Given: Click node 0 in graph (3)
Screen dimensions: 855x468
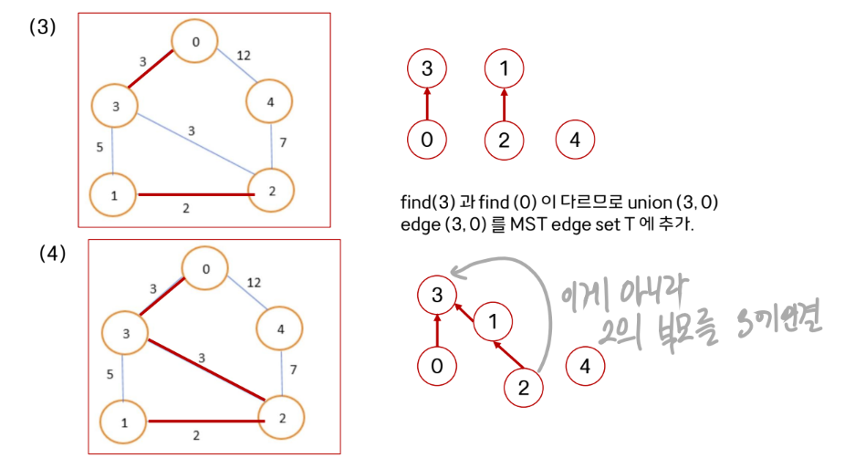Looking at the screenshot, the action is coord(193,42).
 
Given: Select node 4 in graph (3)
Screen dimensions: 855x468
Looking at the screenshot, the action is coord(270,102).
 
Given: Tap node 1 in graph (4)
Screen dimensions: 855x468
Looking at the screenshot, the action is coord(123,421).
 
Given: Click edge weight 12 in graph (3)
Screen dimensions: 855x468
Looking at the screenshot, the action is coord(245,56).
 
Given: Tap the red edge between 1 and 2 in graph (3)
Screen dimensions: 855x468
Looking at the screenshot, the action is coord(193,194).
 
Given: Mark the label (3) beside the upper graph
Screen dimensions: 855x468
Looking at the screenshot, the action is coord(42,27).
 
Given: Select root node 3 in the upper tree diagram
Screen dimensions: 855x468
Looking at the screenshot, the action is coord(427,68).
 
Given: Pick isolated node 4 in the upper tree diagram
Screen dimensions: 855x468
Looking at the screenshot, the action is coord(574,140).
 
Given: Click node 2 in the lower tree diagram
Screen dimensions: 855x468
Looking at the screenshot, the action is coord(523,387).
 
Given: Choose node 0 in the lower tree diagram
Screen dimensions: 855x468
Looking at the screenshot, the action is coord(436,366).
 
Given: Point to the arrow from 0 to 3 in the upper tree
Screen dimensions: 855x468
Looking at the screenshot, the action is coord(427,103).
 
